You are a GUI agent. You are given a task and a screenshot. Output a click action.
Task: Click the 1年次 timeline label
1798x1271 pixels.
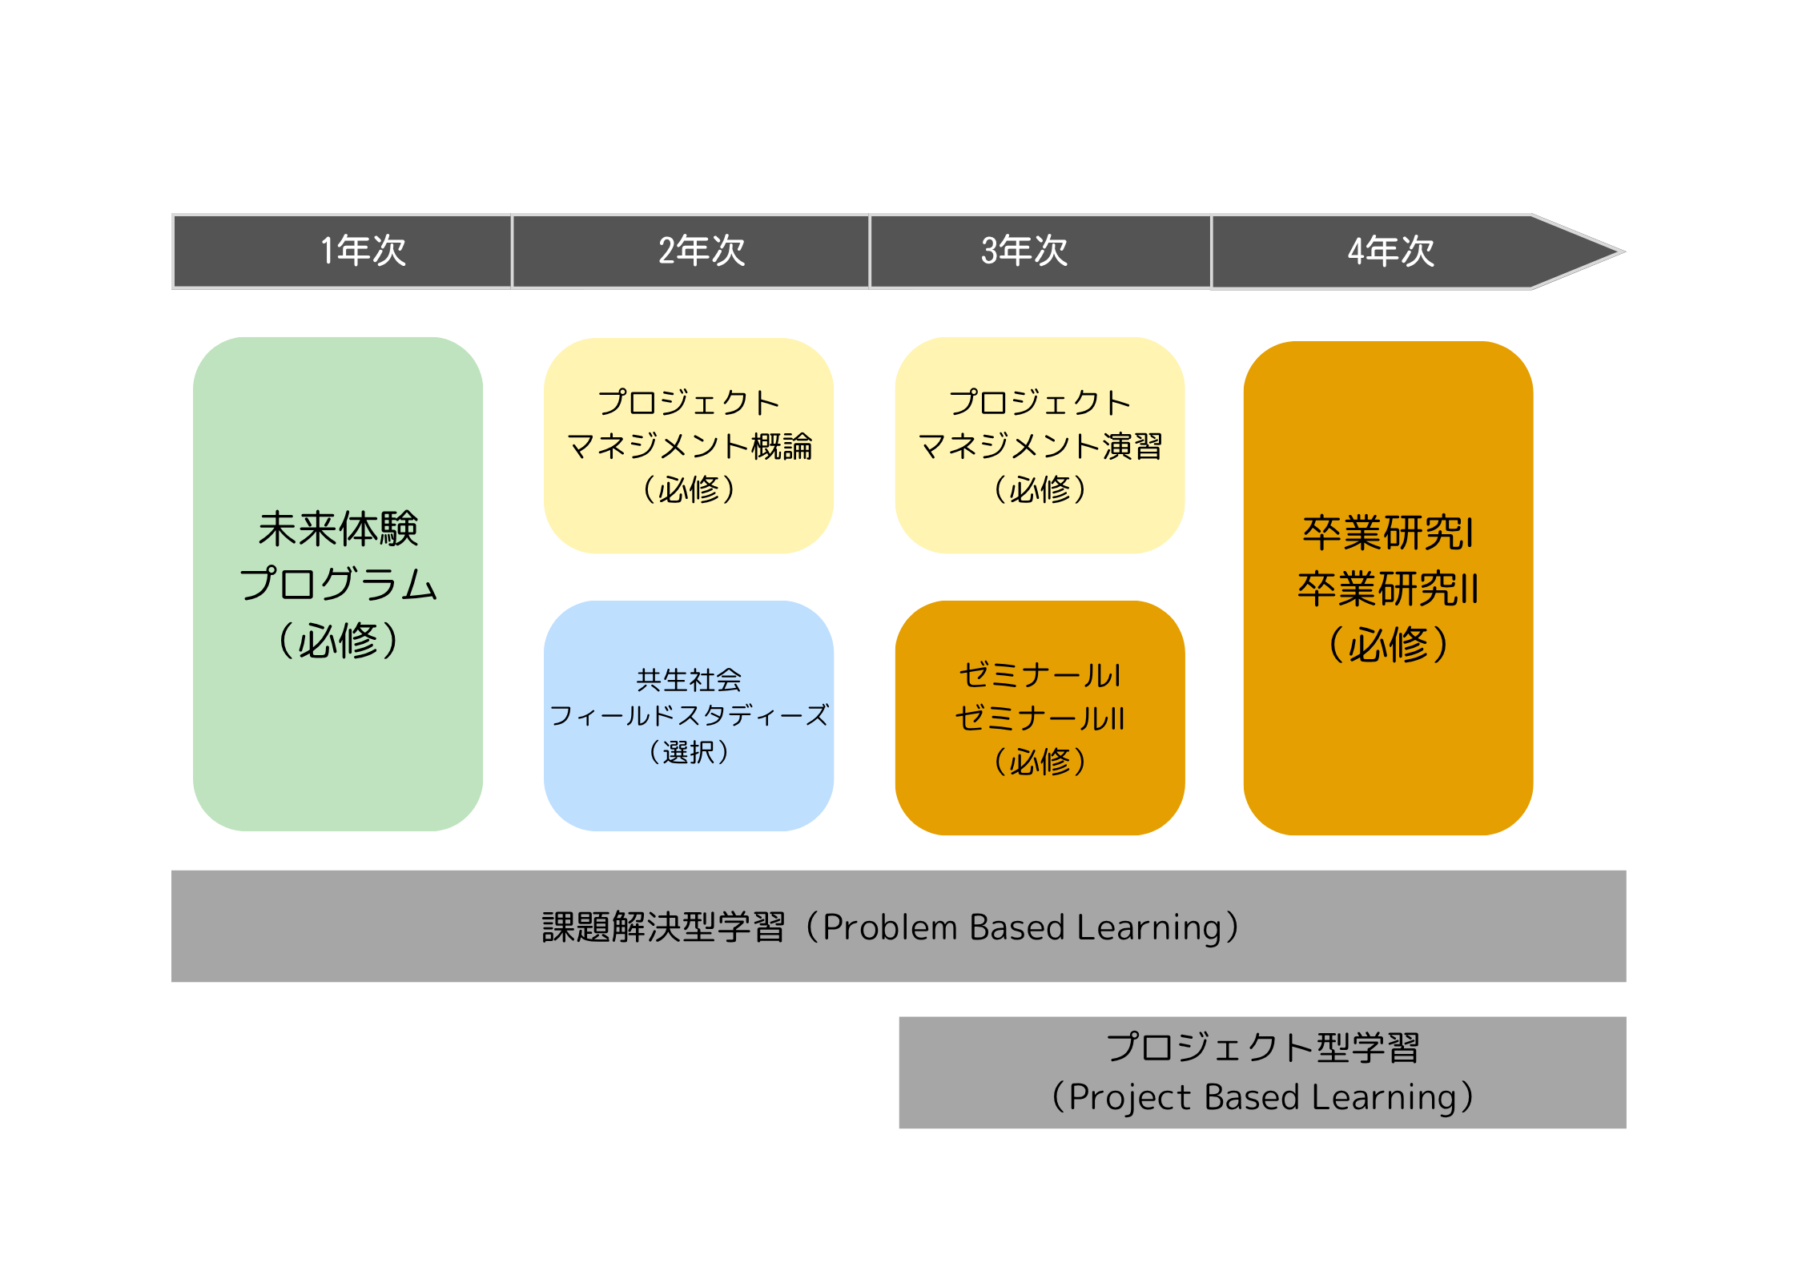pyautogui.click(x=364, y=251)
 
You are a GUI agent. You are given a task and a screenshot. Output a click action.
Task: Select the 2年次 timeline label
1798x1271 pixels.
pyautogui.click(x=702, y=251)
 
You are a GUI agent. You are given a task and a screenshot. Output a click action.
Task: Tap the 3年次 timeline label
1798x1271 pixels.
pyautogui.click(x=1024, y=251)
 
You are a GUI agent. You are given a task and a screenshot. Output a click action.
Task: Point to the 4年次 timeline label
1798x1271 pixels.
pyautogui.click(x=1391, y=251)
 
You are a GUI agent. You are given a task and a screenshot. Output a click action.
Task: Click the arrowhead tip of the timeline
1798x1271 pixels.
pyautogui.click(x=1624, y=251)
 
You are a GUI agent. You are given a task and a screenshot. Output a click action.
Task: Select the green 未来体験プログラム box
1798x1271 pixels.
pyautogui.click(x=338, y=584)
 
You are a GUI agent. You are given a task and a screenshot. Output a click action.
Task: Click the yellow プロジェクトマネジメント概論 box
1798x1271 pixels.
pyautogui.click(x=689, y=445)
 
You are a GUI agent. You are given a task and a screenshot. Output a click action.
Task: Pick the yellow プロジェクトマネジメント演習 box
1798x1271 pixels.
pyautogui.click(x=1040, y=445)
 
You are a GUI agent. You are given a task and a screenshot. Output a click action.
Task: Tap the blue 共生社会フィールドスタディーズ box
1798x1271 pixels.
pyautogui.click(x=689, y=716)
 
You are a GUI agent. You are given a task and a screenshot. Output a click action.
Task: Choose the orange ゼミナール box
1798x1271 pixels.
pyautogui.click(x=1040, y=718)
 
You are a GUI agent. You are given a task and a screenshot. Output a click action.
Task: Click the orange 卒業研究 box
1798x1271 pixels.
pyautogui.click(x=1389, y=588)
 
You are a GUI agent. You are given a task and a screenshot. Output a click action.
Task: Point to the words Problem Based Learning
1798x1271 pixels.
pyautogui.click(x=1023, y=927)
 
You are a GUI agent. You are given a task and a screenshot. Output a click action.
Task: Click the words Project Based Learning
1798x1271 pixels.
pyautogui.click(x=1262, y=1097)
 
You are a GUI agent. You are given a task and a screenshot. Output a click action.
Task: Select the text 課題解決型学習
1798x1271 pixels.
pyautogui.click(x=663, y=927)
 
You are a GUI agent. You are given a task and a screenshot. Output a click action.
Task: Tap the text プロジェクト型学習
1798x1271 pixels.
pyautogui.click(x=1263, y=1048)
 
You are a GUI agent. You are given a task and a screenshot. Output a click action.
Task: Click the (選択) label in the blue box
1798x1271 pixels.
pyautogui.click(x=689, y=752)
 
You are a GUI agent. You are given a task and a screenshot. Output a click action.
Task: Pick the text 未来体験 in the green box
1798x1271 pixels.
pyautogui.click(x=338, y=529)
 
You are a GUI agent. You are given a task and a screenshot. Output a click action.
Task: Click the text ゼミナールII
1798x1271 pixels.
pyautogui.click(x=1040, y=718)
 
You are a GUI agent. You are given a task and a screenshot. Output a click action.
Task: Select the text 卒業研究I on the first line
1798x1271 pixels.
pyautogui.click(x=1388, y=533)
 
